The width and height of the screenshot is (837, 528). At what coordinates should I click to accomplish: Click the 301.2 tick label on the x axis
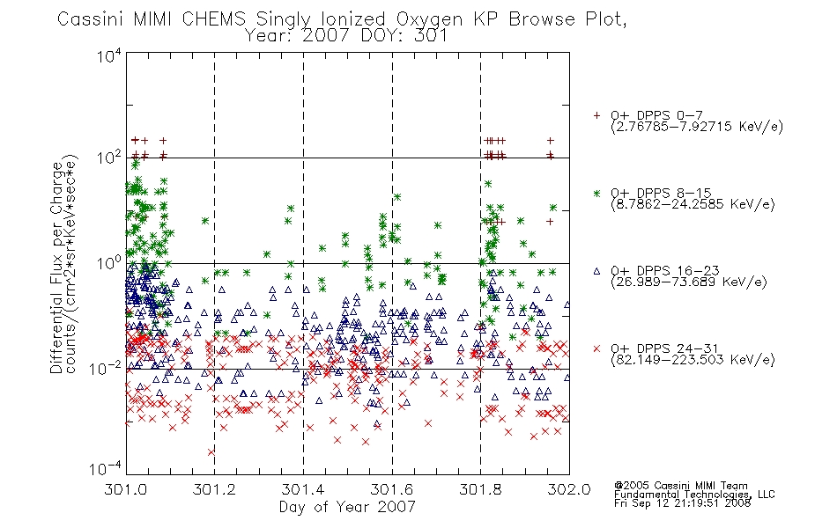214,489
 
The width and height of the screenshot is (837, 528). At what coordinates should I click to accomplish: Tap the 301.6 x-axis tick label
392,489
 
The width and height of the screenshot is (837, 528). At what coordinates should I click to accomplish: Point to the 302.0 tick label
569,489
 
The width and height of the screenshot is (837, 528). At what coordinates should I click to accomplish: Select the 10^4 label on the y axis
109,56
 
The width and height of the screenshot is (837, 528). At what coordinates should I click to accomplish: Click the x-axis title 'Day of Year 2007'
347,507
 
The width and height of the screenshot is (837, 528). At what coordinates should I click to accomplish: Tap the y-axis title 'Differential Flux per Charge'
57,268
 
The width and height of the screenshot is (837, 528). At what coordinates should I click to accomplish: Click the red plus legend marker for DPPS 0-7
596,115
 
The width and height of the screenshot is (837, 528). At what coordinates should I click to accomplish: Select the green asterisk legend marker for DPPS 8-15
596,193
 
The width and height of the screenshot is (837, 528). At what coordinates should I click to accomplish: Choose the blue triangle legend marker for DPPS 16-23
596,271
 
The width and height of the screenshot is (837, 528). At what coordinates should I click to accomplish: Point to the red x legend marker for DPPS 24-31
596,348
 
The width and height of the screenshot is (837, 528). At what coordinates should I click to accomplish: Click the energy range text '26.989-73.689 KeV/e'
689,282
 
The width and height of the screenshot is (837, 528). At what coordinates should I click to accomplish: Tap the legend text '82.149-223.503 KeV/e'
693,360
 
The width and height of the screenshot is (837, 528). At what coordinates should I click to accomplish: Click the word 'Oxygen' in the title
430,19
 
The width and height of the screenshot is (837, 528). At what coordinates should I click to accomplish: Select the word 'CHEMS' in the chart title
213,19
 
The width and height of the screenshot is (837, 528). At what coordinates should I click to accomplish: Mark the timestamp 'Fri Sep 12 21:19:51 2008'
682,503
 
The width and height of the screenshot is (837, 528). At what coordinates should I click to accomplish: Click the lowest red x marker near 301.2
211,452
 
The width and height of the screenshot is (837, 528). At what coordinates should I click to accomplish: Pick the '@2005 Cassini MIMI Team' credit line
680,486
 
